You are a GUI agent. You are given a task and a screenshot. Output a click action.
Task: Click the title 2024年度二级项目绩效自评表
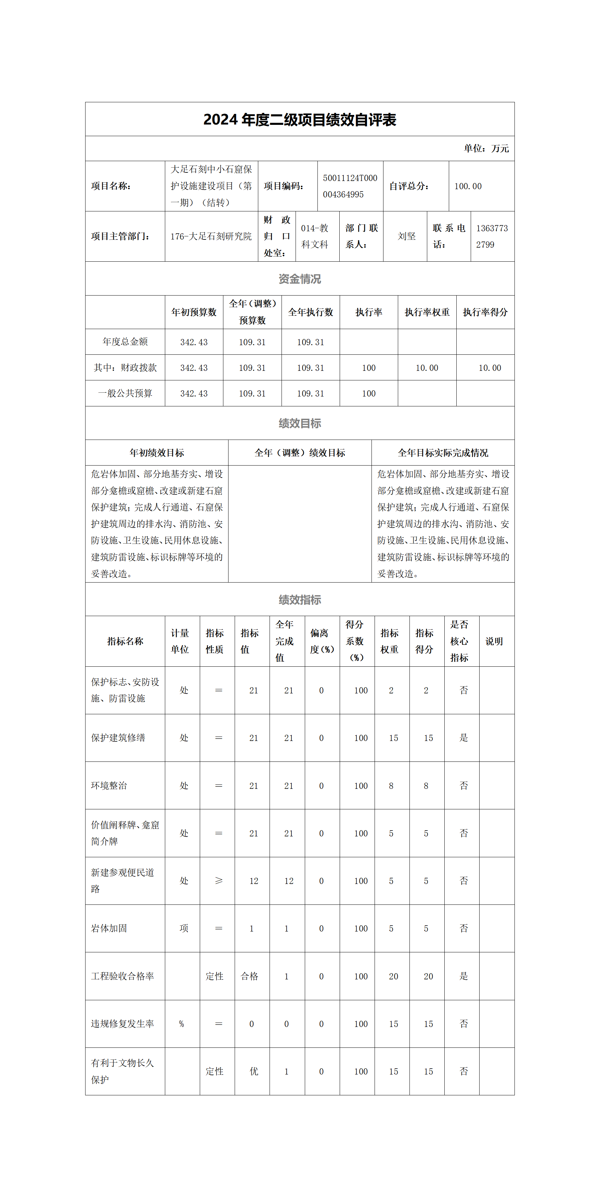[299, 120]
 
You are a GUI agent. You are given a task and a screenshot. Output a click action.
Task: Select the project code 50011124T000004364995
[350, 186]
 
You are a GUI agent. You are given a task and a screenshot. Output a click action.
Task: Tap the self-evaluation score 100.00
[468, 186]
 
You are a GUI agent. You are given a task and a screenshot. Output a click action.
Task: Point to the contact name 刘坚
[406, 236]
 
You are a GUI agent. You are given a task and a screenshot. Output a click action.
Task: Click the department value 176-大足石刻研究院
[211, 236]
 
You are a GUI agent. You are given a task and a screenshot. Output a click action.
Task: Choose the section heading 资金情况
[299, 279]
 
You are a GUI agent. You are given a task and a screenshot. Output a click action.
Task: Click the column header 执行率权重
[427, 312]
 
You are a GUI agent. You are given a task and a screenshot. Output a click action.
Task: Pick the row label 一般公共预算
[125, 393]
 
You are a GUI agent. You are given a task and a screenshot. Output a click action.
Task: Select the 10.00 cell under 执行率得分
[490, 368]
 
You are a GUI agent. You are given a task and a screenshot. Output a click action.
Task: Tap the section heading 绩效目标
[299, 423]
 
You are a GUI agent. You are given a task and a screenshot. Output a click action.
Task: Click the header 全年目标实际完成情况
[443, 453]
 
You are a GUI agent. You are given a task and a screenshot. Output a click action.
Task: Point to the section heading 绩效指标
[299, 599]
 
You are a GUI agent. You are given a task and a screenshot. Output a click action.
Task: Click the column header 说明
[494, 641]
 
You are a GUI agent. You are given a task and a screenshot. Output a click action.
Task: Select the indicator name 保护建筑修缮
[118, 738]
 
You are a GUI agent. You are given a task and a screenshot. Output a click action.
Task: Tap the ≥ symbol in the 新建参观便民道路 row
[218, 881]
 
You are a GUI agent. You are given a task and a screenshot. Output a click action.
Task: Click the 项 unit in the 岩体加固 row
[184, 928]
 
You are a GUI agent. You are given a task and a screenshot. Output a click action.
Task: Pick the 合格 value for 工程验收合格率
[249, 976]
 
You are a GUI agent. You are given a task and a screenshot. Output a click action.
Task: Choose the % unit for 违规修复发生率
[182, 1024]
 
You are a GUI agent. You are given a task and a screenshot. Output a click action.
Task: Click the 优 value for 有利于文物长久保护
[254, 1071]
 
